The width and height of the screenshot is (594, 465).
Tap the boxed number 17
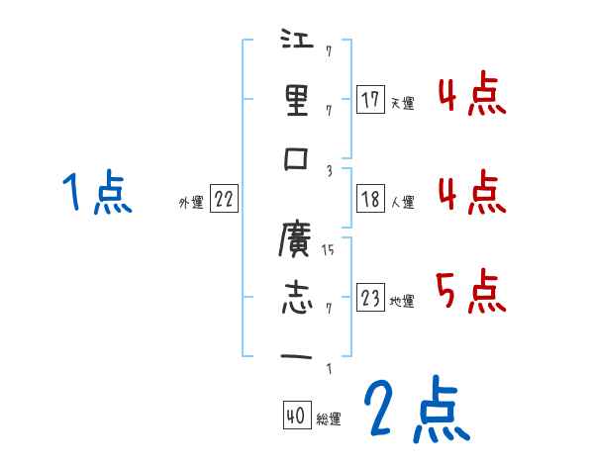[x=370, y=100]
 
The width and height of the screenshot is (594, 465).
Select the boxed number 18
[x=370, y=199]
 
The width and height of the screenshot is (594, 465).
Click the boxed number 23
[x=370, y=298]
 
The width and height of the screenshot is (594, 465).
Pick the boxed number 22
[x=223, y=199]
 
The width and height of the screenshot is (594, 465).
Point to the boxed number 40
[x=296, y=417]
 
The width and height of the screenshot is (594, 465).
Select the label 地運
[x=402, y=302]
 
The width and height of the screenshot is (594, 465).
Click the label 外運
[x=190, y=202]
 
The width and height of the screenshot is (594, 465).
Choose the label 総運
[x=328, y=419]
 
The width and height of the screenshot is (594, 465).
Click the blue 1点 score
[x=96, y=192]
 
